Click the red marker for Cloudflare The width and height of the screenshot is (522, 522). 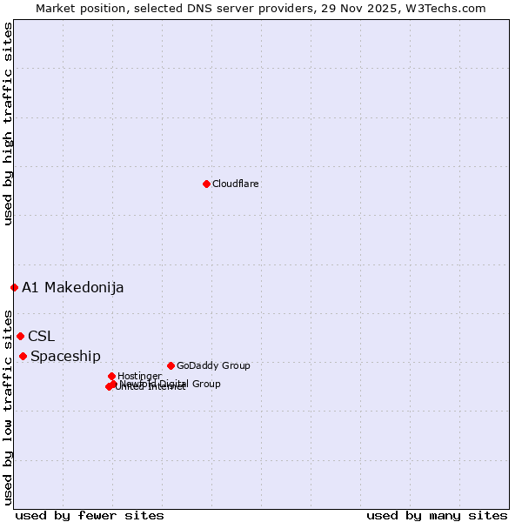(206, 184)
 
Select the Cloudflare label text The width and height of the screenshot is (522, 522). (236, 184)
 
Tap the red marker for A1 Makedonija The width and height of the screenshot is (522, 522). (14, 287)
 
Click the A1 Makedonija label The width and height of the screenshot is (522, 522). (73, 287)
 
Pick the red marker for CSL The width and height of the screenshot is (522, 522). (20, 336)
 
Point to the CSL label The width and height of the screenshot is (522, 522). (41, 336)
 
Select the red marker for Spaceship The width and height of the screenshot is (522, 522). (23, 356)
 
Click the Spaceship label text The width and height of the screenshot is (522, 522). (65, 356)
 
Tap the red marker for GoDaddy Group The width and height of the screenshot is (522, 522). (171, 365)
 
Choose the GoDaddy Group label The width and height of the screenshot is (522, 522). (213, 365)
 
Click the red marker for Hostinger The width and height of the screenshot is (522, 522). (111, 376)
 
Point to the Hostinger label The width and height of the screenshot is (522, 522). (139, 376)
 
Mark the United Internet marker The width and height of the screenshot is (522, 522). (108, 387)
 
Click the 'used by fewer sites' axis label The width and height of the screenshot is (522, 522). (90, 515)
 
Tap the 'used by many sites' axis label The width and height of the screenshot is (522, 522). (437, 515)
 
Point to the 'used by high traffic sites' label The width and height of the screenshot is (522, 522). (8, 124)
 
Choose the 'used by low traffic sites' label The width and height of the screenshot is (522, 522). (8, 406)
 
